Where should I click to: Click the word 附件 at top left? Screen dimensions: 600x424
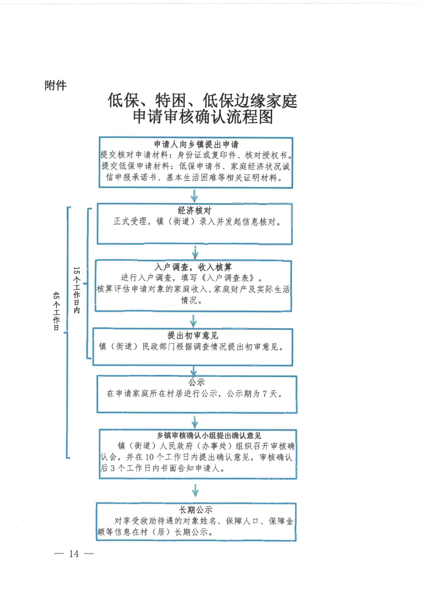[x=56, y=85]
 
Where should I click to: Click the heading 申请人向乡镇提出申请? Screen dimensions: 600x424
[x=196, y=144]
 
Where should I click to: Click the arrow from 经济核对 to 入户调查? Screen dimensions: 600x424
[x=195, y=252]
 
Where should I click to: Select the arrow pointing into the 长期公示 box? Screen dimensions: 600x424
[x=195, y=490]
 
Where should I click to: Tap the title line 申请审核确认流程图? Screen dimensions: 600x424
[x=202, y=117]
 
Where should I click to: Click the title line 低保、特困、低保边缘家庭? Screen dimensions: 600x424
[x=202, y=100]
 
